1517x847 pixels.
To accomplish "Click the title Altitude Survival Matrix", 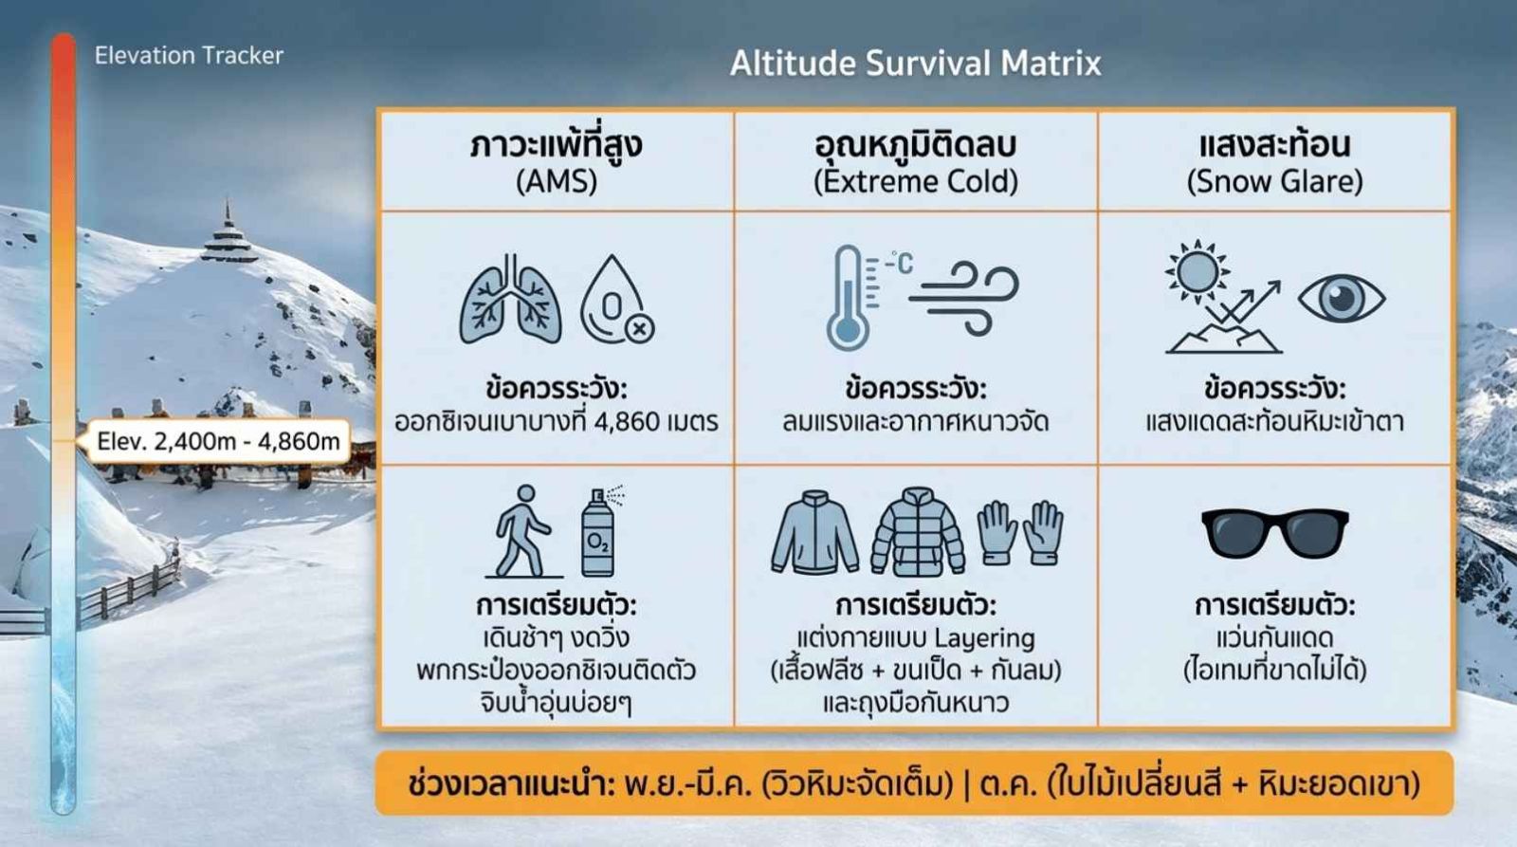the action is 916,64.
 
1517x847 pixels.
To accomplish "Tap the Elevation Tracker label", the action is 189,56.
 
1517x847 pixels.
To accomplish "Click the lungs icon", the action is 511,299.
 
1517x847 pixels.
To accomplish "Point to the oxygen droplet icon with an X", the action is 616,299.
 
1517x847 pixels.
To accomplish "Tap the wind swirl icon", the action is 963,299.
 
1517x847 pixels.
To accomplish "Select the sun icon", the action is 1197,271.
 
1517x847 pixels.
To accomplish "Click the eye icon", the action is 1342,298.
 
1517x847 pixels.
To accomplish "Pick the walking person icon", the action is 521,531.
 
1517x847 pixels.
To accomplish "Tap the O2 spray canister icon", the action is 600,531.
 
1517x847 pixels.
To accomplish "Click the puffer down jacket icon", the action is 918,532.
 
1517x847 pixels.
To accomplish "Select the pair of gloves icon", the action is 1020,533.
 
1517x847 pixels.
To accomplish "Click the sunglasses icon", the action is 1274,534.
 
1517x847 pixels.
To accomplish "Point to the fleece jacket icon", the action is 815,533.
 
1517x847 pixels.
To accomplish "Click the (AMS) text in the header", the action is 557,181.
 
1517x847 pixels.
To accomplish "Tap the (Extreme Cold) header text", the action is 916,181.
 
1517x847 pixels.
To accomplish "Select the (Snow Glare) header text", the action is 1274,181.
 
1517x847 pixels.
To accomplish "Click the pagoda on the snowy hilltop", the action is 228,233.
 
